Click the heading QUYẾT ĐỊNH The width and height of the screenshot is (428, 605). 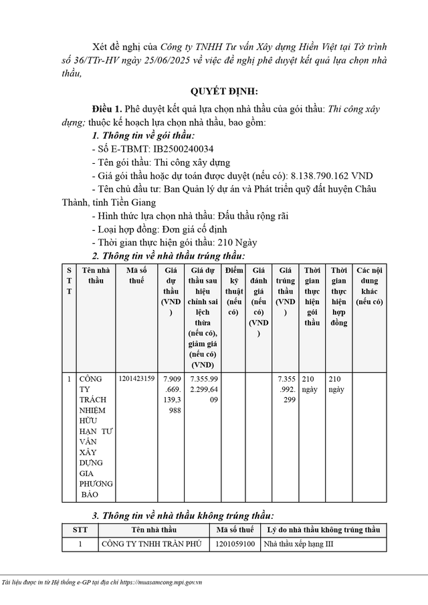point(213,92)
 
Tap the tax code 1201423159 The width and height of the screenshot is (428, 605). point(136,379)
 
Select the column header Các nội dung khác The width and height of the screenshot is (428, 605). point(369,285)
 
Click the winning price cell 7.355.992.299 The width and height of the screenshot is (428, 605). point(286,389)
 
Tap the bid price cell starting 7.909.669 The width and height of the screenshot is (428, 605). point(171,394)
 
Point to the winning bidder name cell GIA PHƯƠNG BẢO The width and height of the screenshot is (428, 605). point(96,436)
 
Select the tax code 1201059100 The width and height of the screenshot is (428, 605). point(235,543)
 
